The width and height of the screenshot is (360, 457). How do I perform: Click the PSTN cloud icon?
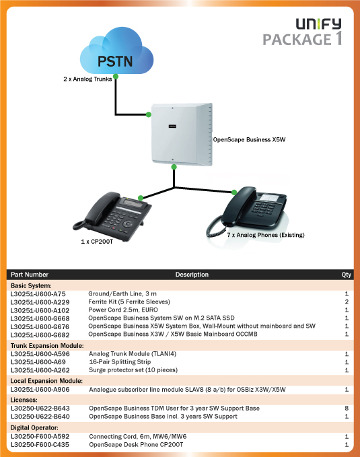(x=116, y=52)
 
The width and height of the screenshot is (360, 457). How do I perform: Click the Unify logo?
(x=318, y=24)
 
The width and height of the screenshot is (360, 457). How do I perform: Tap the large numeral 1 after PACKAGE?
(x=338, y=38)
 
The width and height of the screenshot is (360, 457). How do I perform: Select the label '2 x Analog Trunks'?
(x=87, y=79)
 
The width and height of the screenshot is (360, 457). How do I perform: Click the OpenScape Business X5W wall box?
(x=182, y=135)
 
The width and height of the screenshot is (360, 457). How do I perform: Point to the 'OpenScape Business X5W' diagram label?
(x=249, y=139)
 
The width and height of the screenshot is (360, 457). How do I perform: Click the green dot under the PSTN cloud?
(x=116, y=77)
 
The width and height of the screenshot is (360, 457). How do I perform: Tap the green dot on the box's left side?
(x=148, y=114)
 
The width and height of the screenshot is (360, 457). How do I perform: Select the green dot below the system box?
(x=174, y=167)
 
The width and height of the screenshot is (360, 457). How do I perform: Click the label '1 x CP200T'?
(x=97, y=242)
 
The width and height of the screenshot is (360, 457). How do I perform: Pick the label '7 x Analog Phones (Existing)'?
(x=266, y=235)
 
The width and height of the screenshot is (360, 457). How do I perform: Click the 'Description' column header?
(x=192, y=275)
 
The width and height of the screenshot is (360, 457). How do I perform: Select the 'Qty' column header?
(x=347, y=275)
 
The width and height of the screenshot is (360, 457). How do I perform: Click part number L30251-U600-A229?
(x=40, y=302)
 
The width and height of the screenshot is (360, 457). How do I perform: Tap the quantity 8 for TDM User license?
(x=347, y=409)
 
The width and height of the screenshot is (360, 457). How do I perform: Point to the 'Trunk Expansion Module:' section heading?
(x=47, y=346)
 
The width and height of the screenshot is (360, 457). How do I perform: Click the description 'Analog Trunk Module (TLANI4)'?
(x=133, y=354)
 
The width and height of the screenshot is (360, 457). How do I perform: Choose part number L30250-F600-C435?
(x=40, y=445)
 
